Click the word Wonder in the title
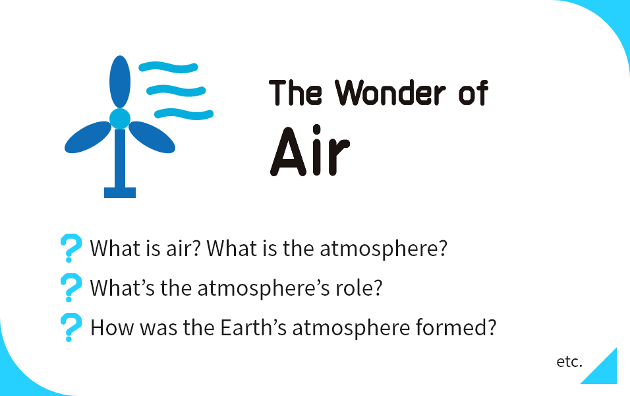click(x=390, y=92)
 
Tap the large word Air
click(x=310, y=151)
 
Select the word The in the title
click(x=295, y=92)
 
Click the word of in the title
click(x=474, y=92)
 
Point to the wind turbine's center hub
click(x=120, y=118)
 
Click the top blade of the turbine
click(x=120, y=82)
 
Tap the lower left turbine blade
click(x=88, y=137)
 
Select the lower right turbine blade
click(x=152, y=137)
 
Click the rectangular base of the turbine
click(x=120, y=192)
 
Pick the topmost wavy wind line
click(x=168, y=67)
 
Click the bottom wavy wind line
click(x=184, y=114)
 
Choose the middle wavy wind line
click(x=176, y=90)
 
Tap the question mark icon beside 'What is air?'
click(x=71, y=248)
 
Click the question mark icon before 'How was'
click(x=71, y=327)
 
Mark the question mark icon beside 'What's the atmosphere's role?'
click(x=71, y=288)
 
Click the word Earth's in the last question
click(x=254, y=327)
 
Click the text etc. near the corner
click(x=569, y=362)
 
